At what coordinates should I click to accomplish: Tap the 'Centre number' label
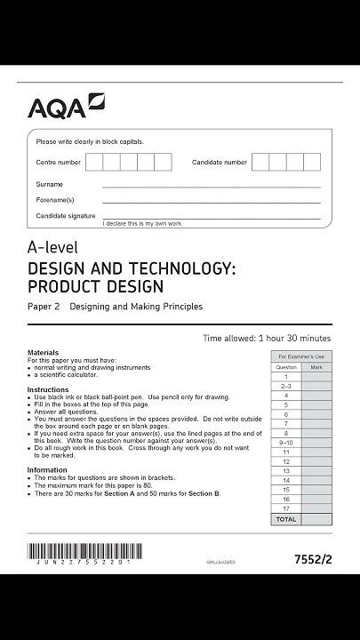[58, 163]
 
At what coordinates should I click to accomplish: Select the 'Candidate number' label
[220, 163]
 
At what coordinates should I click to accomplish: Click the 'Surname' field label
[49, 184]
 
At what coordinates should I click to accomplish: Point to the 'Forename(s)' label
[54, 200]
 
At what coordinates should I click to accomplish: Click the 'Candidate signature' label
[66, 216]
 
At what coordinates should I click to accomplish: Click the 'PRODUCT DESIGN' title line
[96, 286]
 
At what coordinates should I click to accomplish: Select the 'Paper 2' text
[44, 307]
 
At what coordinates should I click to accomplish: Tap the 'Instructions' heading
[47, 389]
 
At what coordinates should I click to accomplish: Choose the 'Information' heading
[47, 469]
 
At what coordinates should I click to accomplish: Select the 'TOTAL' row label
[285, 518]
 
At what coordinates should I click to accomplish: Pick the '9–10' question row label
[285, 442]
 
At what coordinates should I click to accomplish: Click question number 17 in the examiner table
[285, 508]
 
